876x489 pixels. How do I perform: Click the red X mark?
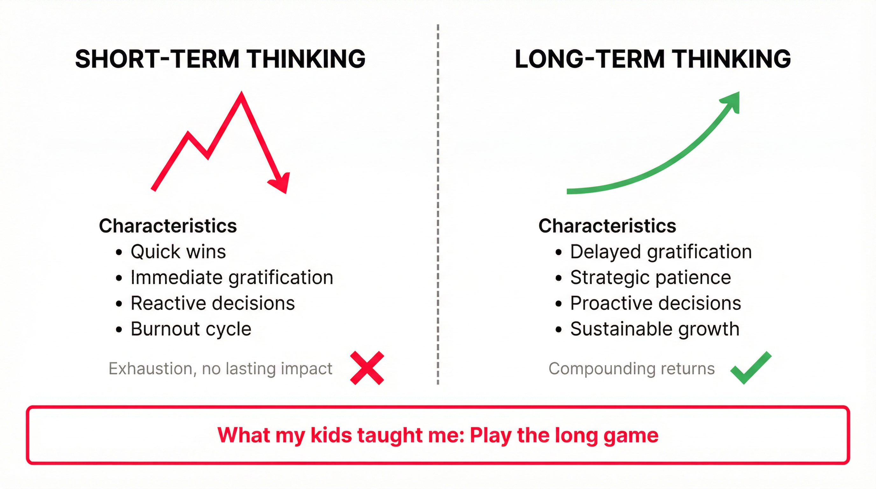[x=367, y=368]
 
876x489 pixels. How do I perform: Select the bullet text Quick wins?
[x=178, y=252]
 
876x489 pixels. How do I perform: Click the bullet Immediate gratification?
[x=232, y=278]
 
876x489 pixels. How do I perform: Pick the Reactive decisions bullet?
[x=213, y=303]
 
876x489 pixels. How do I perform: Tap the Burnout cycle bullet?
[x=191, y=329]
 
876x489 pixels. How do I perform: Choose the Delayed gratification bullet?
[x=661, y=252]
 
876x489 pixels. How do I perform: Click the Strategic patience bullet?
[x=650, y=278]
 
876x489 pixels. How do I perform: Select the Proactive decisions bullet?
[x=655, y=303]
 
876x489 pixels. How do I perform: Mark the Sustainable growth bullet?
[x=655, y=329]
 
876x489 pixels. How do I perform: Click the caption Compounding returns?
[x=632, y=368]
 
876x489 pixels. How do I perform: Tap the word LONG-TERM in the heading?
[x=590, y=59]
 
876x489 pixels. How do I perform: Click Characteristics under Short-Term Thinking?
[x=168, y=226]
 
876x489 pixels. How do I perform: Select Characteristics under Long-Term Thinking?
[x=607, y=226]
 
